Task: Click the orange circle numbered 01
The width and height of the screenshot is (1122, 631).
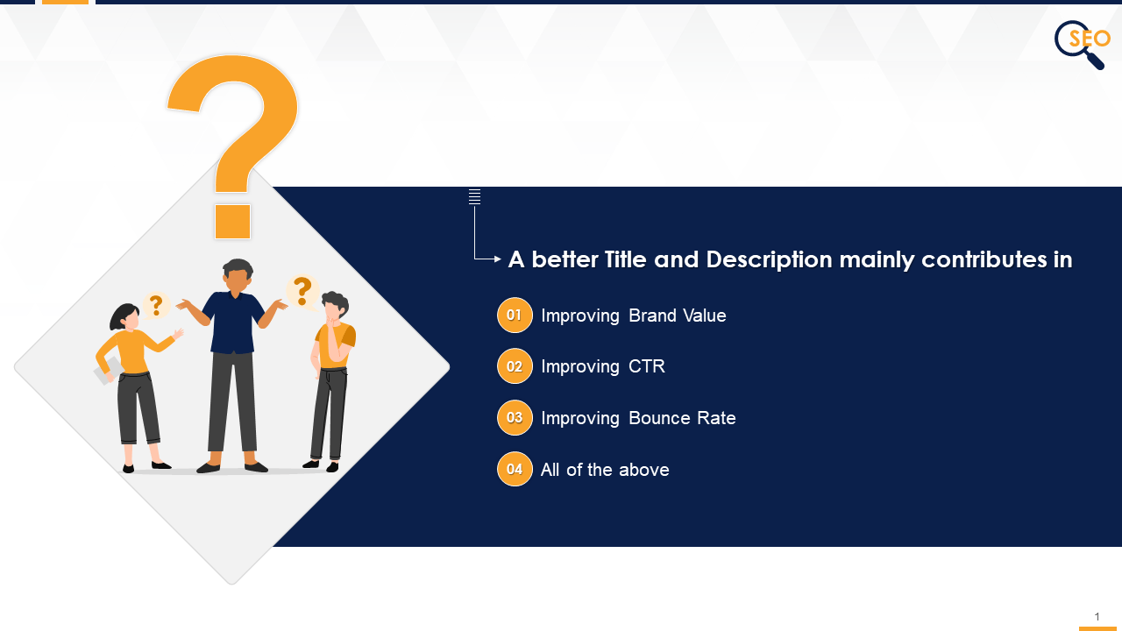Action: (515, 315)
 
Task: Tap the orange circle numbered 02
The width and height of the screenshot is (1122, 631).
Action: (515, 366)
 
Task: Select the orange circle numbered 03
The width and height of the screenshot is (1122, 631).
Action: (515, 418)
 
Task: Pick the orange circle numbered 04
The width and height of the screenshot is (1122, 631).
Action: (515, 469)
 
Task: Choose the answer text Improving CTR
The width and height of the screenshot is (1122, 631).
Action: (603, 366)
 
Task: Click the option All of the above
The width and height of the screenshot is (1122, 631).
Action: (605, 470)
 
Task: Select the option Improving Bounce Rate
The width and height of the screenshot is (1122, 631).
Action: (638, 418)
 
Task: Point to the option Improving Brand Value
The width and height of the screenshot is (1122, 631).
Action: (634, 315)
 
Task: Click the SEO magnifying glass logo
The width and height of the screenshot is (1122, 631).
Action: (1082, 43)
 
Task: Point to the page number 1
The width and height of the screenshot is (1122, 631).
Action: (1097, 617)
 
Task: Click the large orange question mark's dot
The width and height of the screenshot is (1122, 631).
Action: (232, 222)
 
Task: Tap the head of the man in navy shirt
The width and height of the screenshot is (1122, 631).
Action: (237, 276)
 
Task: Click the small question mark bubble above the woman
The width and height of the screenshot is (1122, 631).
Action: (156, 306)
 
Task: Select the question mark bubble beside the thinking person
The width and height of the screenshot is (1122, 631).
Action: (302, 290)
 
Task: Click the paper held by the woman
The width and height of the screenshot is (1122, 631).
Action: (107, 371)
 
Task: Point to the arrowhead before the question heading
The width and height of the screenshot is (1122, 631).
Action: (498, 259)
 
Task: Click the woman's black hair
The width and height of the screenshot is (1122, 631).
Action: (123, 315)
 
